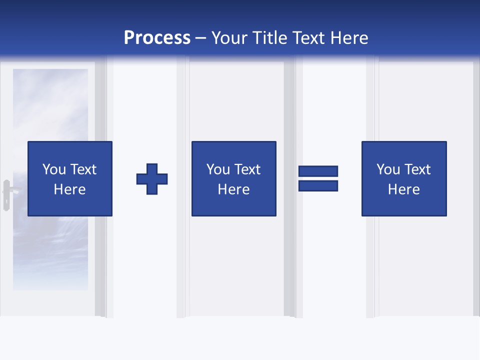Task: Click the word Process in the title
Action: point(157,38)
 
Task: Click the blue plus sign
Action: point(152,179)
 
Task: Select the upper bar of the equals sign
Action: point(318,171)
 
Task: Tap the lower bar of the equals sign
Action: point(318,186)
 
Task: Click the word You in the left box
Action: point(54,169)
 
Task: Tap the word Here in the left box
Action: point(69,189)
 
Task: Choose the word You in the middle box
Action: point(218,169)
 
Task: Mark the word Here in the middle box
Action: point(233,189)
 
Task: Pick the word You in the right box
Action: point(388,169)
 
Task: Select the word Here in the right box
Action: point(403,189)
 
